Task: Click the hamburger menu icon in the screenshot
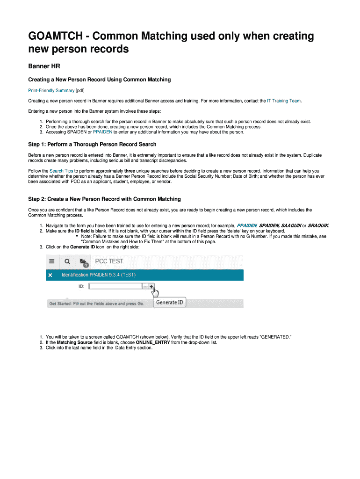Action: pos(52,261)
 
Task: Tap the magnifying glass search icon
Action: pos(67,261)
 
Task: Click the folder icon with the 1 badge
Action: pos(83,262)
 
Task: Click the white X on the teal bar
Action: pos(50,275)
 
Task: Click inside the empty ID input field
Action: pos(115,286)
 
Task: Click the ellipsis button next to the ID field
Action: pos(145,286)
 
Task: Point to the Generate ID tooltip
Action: pos(170,302)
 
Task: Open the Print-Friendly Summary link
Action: pos(51,90)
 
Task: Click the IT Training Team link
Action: pos(284,101)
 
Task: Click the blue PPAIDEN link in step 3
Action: pos(102,132)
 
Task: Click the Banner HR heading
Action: pos(44,66)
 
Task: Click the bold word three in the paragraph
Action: pos(130,171)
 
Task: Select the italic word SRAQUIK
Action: pos(318,225)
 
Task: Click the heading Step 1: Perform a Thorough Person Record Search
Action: pos(92,144)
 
